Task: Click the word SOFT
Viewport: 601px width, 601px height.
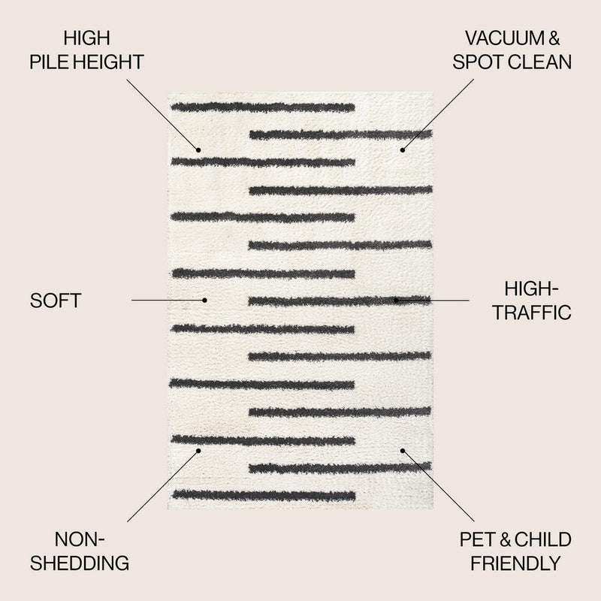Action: click(56, 300)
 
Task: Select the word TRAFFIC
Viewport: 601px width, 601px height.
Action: click(532, 313)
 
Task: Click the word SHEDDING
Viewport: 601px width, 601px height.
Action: click(80, 563)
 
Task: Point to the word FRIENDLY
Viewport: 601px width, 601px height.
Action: click(515, 563)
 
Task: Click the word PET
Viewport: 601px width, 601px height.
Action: click(479, 539)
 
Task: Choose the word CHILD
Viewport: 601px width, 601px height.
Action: click(542, 539)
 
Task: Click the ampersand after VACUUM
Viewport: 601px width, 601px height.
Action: click(554, 38)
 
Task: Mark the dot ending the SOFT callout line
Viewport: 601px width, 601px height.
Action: click(204, 300)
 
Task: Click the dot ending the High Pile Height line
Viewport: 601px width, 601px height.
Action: click(198, 149)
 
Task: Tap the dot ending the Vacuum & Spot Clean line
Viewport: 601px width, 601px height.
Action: click(403, 149)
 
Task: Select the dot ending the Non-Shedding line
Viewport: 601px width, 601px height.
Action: click(198, 451)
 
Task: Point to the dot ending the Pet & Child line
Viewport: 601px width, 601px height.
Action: click(403, 451)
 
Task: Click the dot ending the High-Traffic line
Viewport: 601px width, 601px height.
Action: click(397, 300)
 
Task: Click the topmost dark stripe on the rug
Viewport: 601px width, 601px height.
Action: click(262, 107)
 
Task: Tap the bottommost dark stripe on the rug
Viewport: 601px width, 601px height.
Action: click(264, 496)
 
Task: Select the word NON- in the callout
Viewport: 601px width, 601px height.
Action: click(80, 539)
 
